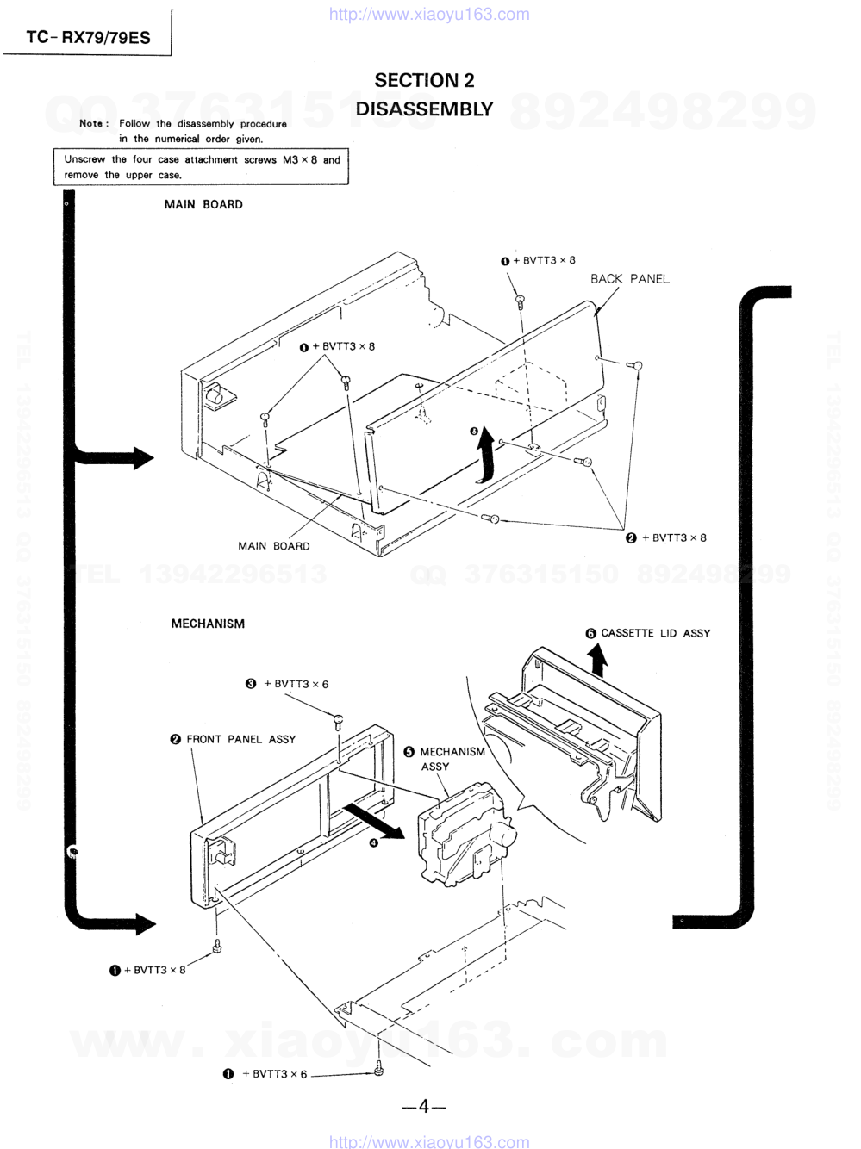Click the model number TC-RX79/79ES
click(88, 37)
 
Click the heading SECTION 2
click(424, 80)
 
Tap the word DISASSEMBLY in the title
click(424, 109)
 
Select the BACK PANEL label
click(629, 279)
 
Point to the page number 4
click(423, 1107)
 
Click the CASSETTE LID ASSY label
click(655, 633)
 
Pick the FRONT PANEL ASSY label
click(240, 739)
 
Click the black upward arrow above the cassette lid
click(597, 661)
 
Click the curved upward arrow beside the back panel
click(487, 455)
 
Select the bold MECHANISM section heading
click(208, 624)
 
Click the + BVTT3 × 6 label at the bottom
click(274, 1074)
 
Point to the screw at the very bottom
click(378, 1071)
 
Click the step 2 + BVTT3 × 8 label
click(673, 538)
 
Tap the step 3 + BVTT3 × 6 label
click(296, 684)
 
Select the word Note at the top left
click(91, 123)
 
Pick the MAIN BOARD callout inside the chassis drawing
click(274, 546)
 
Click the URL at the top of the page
click(429, 14)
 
